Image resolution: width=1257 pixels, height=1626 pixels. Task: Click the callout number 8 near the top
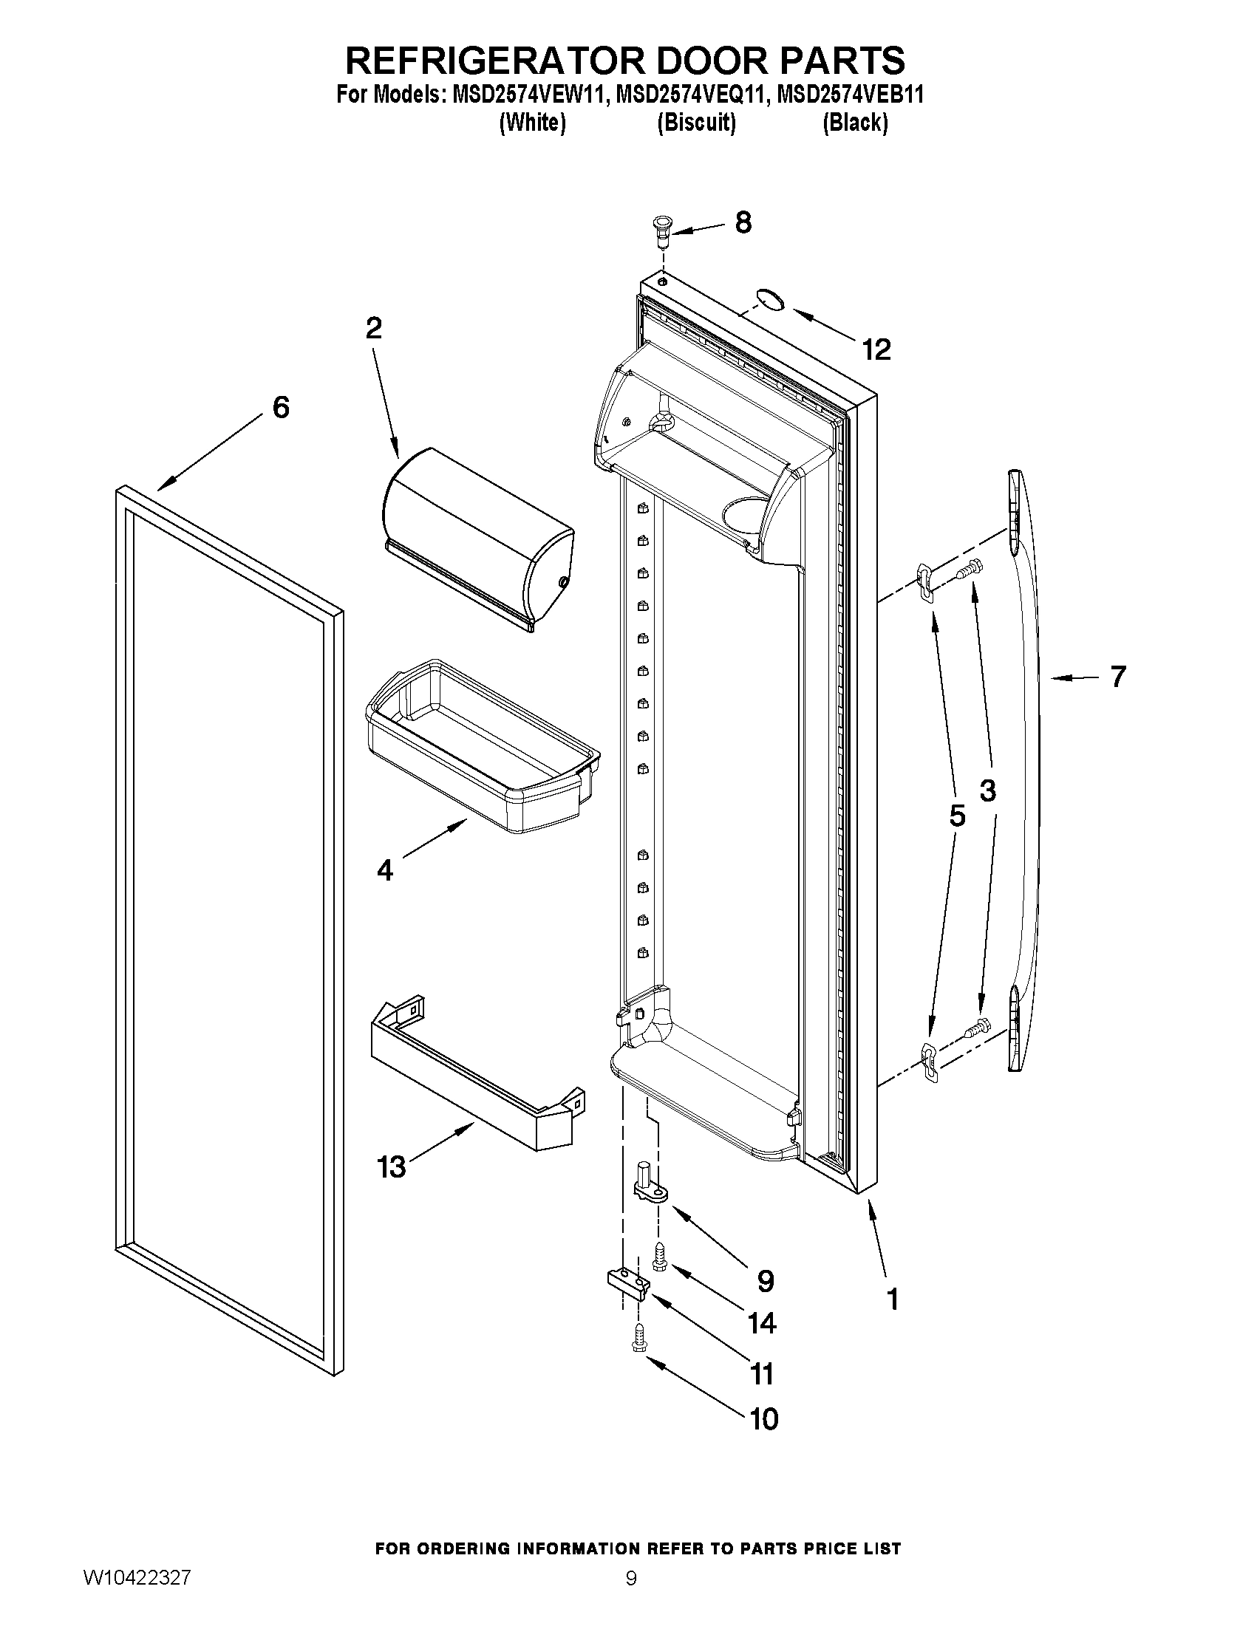[x=743, y=222]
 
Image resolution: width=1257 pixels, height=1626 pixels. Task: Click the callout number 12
[x=876, y=349]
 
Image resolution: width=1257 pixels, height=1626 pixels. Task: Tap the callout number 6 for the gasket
[x=281, y=407]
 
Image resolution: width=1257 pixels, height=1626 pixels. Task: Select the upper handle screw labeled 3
[x=969, y=569]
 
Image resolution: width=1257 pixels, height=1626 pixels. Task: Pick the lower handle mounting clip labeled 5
[x=928, y=1060]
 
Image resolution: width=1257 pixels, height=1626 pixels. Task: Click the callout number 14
[x=762, y=1323]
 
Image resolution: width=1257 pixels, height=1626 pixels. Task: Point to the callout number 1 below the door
[x=892, y=1299]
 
